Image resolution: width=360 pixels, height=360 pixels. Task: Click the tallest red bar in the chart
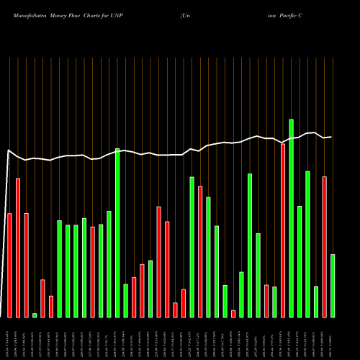283,230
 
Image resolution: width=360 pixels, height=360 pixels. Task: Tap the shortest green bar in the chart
35,315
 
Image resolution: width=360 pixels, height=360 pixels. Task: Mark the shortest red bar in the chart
233,313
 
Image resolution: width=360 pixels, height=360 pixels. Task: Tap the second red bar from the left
18,248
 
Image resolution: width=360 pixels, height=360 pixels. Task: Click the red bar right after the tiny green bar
42,298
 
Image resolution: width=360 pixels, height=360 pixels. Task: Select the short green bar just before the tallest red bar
274,302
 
